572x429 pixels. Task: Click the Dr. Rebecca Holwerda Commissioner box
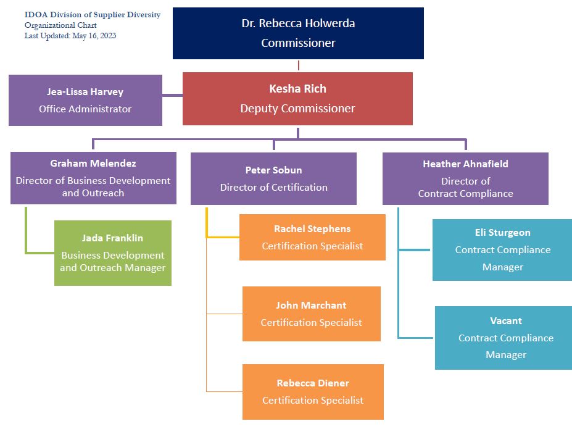[298, 33]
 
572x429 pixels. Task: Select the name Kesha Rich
[297, 90]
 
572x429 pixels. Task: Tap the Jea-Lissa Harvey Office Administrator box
[85, 100]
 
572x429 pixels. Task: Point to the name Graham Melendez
[93, 164]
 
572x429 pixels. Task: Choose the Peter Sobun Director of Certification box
[273, 178]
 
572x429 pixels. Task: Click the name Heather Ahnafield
[465, 164]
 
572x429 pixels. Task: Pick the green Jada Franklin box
[112, 252]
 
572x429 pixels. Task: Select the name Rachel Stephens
[312, 229]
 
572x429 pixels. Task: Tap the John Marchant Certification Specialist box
[311, 314]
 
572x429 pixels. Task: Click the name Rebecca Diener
[312, 383]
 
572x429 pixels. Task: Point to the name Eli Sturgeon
[502, 233]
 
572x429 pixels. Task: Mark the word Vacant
[506, 321]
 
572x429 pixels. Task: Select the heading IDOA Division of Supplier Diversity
[93, 15]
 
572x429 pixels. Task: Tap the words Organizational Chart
[60, 25]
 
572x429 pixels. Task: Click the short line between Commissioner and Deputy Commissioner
[299, 65]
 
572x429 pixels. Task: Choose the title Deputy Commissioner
[297, 109]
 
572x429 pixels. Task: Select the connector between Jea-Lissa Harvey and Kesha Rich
[172, 95]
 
